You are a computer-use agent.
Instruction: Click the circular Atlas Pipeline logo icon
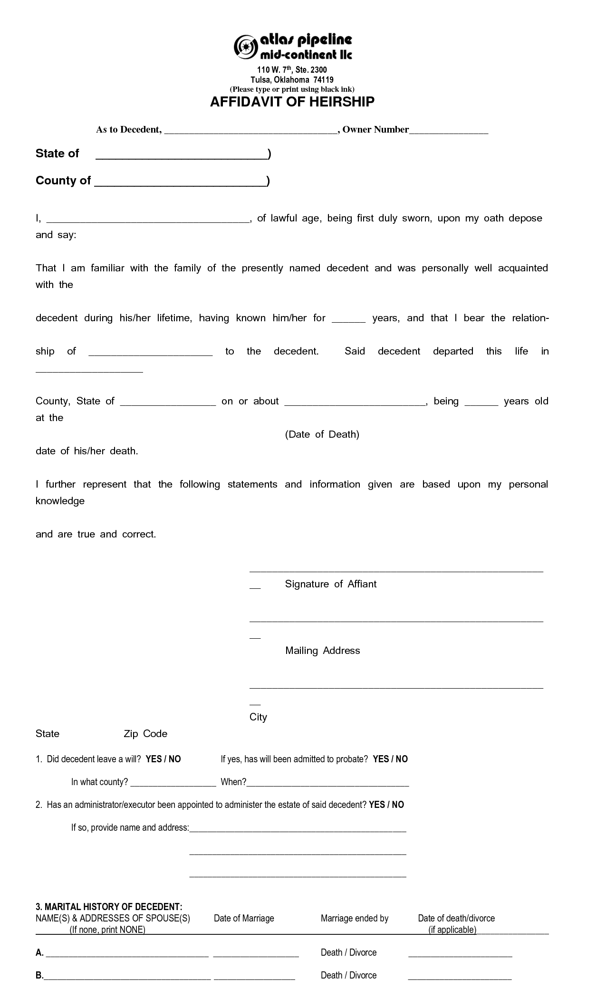[x=246, y=47]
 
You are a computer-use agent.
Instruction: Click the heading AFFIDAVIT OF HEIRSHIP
[x=292, y=102]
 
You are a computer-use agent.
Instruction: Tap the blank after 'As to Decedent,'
[x=250, y=130]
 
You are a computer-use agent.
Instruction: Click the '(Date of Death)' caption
[x=322, y=434]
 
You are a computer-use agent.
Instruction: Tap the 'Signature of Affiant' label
[x=330, y=584]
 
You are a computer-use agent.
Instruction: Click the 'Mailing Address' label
[x=322, y=651]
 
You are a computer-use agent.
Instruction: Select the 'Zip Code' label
[x=145, y=734]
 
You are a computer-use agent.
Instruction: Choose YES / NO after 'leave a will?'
[x=163, y=759]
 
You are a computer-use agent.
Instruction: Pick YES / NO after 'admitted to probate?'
[x=390, y=759]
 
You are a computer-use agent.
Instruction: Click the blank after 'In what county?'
[x=173, y=782]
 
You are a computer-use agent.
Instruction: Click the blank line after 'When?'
[x=327, y=782]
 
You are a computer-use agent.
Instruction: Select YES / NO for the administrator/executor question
[x=386, y=805]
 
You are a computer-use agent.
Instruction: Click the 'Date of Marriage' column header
[x=244, y=918]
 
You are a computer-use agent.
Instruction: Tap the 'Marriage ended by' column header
[x=355, y=918]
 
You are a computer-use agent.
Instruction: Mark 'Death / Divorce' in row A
[x=348, y=952]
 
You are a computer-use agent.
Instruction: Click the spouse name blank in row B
[x=127, y=976]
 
